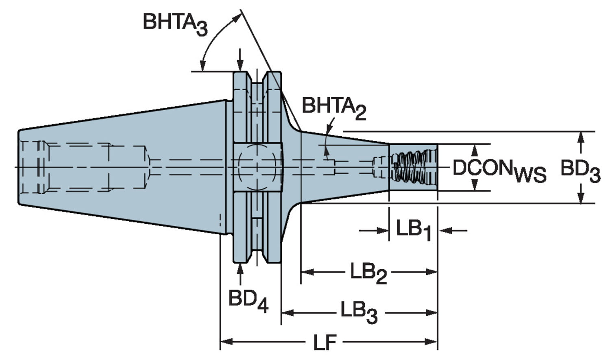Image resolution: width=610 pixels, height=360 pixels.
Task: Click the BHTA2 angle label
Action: pos(333,108)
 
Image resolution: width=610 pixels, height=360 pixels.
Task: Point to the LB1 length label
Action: pos(413,230)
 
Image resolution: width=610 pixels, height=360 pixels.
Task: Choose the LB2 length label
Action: pos(368,273)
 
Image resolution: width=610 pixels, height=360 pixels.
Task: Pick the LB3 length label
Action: pos(359,313)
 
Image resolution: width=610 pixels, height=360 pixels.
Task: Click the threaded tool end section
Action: pos(413,167)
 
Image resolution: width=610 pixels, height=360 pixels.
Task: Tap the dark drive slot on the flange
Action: pos(257,166)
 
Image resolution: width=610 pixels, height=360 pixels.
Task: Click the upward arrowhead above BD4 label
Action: pos(240,268)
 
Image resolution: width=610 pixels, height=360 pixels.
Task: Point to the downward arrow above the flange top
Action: pos(240,65)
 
